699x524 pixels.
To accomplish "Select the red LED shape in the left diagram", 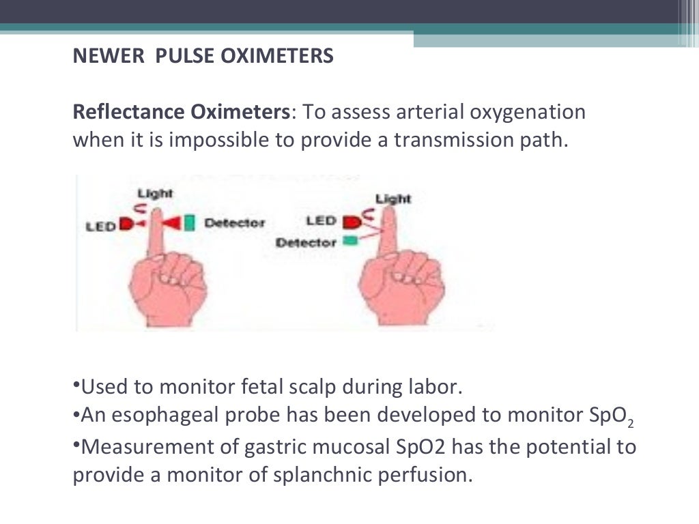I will (126, 224).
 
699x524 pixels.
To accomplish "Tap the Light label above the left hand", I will (155, 194).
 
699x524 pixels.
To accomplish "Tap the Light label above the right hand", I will (393, 199).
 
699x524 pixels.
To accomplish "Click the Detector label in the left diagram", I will (234, 223).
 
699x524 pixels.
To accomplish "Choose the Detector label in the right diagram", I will (306, 242).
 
